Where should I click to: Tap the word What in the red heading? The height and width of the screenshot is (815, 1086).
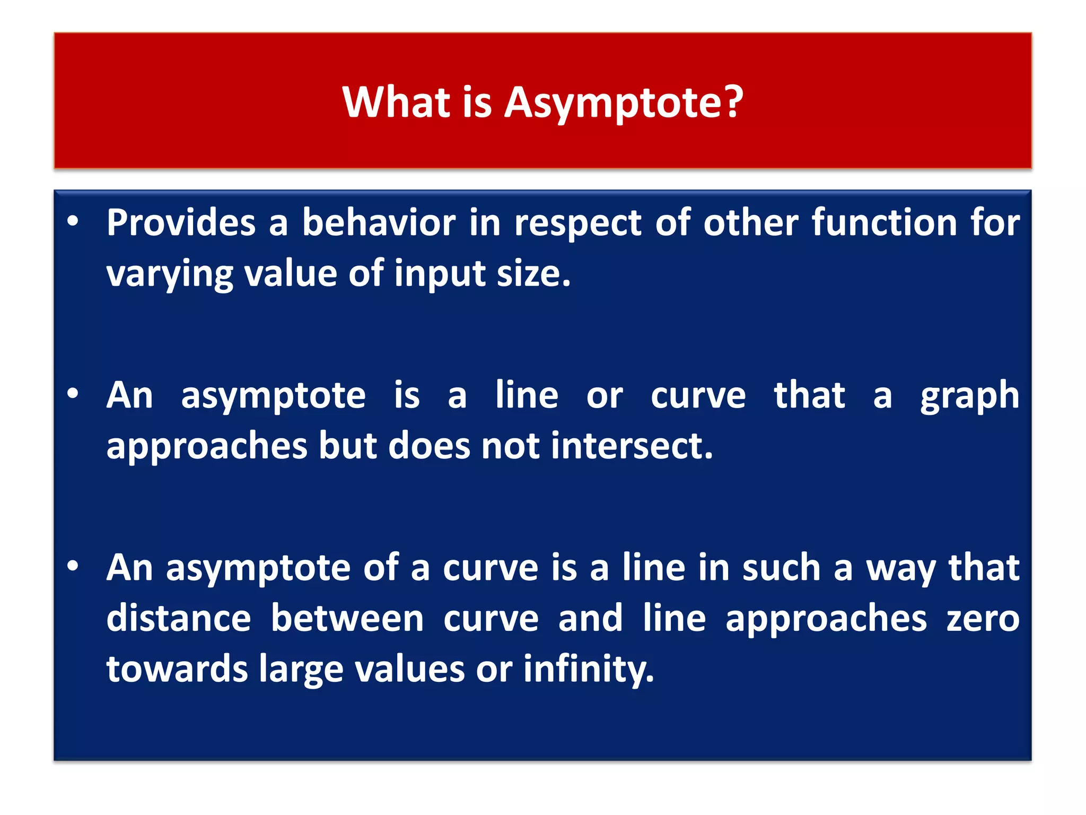point(396,102)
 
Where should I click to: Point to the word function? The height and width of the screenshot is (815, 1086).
point(884,222)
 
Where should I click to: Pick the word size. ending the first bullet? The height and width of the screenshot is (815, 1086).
point(533,274)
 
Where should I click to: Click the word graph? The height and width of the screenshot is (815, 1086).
point(969,396)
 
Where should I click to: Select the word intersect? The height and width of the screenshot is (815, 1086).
point(632,446)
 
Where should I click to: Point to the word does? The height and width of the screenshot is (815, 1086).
point(429,446)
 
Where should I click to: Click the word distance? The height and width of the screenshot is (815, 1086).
point(178,619)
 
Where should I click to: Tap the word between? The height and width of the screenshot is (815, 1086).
point(347,619)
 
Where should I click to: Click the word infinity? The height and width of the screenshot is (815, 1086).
point(589,669)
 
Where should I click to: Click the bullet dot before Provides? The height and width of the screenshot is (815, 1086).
point(73,221)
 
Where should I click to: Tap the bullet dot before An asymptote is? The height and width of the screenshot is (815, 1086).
point(73,394)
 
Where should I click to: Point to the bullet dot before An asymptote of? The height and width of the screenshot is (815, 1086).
point(73,566)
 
